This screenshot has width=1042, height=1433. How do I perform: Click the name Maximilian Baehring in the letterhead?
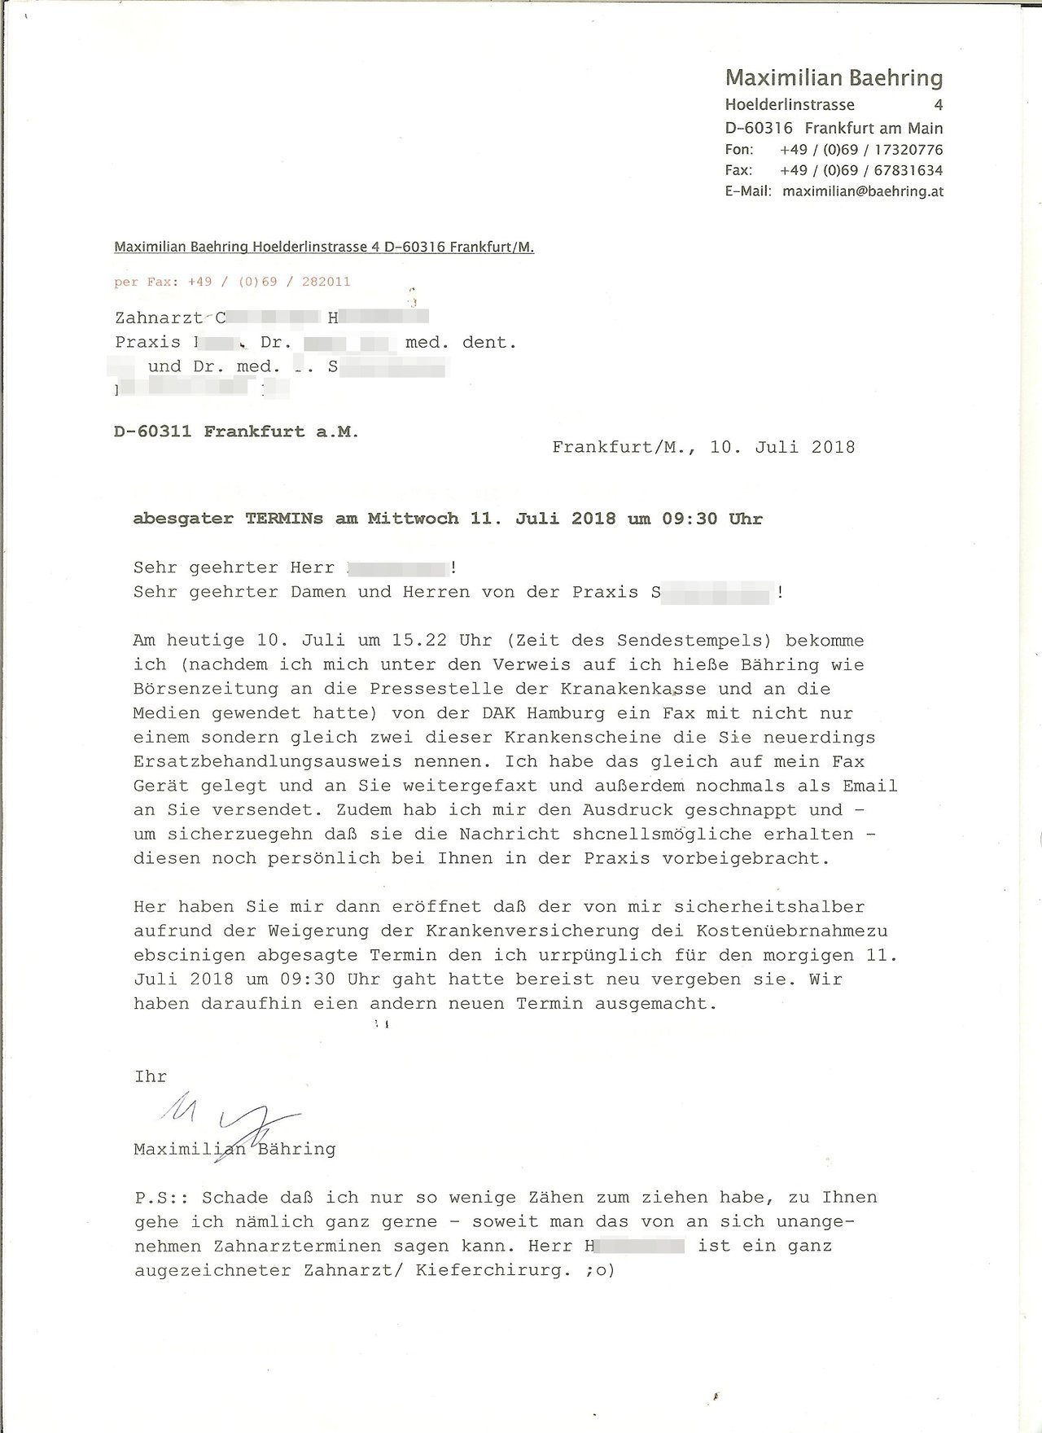(x=834, y=78)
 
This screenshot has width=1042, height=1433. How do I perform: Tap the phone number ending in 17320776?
(x=861, y=150)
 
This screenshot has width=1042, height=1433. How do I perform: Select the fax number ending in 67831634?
(x=861, y=171)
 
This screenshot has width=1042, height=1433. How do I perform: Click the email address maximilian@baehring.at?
(x=863, y=192)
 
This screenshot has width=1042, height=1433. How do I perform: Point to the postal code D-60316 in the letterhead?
(x=759, y=129)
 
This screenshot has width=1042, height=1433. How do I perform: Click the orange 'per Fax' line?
(x=232, y=282)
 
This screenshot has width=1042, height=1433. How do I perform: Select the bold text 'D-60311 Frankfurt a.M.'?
(x=236, y=432)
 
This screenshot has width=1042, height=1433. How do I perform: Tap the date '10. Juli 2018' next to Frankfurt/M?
(x=782, y=447)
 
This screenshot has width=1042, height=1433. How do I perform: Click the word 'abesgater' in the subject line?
(x=184, y=519)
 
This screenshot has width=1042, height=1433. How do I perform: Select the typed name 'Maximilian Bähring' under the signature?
(x=234, y=1150)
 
